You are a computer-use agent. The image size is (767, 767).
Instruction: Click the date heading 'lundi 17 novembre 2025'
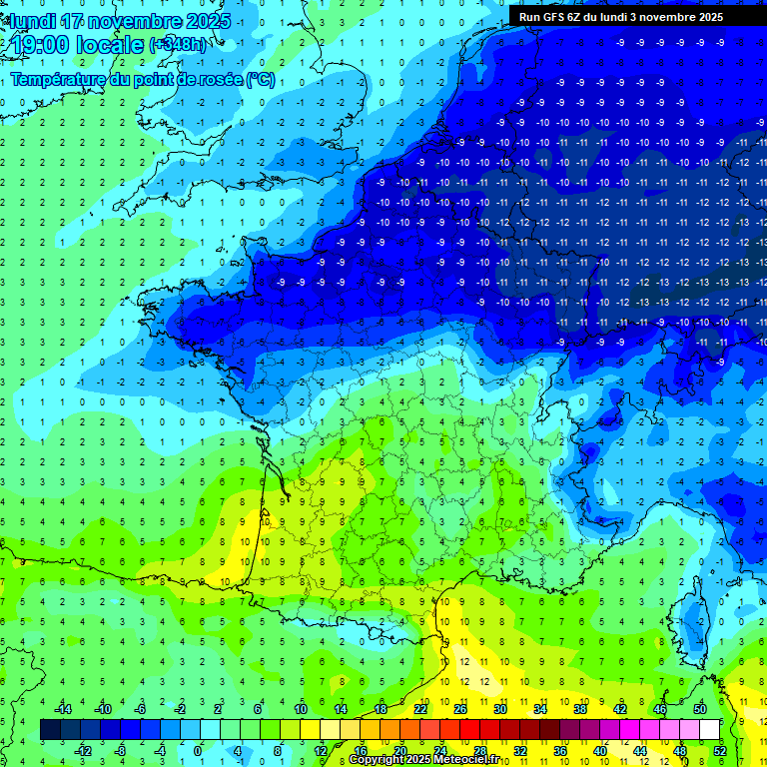pos(121,21)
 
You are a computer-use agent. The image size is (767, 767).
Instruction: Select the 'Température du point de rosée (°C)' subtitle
pos(143,80)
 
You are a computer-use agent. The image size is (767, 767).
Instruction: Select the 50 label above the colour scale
pos(700,709)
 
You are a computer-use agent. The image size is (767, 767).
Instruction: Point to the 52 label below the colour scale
pos(720,750)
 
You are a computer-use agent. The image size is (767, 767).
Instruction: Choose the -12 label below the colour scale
pos(83,750)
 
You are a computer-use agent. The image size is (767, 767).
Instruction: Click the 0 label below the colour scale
pos(198,750)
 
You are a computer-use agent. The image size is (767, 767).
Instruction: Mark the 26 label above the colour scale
pos(460,709)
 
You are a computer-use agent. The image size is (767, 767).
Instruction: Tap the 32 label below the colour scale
pos(520,750)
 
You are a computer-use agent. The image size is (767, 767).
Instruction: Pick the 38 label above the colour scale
pos(580,709)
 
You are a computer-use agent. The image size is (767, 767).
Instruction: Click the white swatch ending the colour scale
pos(710,729)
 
